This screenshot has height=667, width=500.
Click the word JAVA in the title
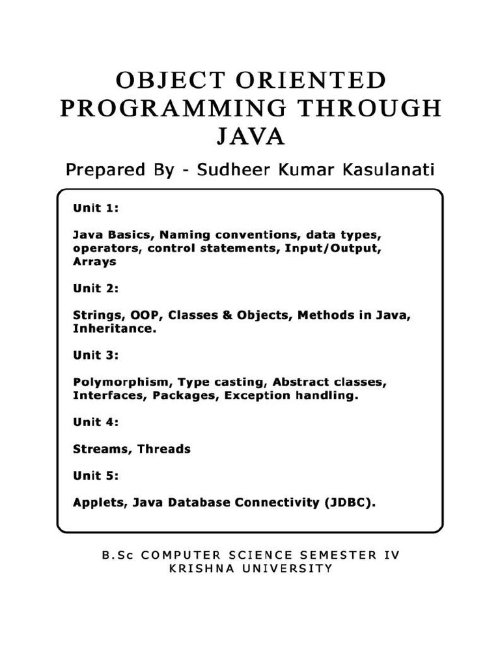[x=250, y=137]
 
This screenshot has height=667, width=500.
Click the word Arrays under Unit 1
[x=94, y=261]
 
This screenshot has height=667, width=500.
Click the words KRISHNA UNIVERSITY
[x=250, y=569]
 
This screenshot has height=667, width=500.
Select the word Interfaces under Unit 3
[x=109, y=395]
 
